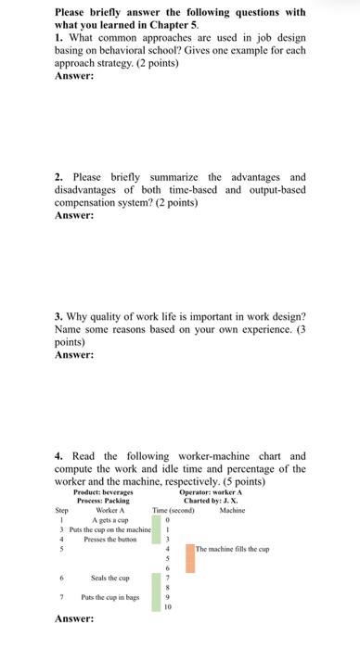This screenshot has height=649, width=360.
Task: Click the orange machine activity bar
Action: pyautogui.click(x=189, y=557)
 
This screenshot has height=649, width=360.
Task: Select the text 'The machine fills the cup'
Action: pyautogui.click(x=232, y=549)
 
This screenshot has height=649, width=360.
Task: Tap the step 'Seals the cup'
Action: pyautogui.click(x=110, y=579)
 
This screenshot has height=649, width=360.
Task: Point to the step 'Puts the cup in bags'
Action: pyautogui.click(x=111, y=598)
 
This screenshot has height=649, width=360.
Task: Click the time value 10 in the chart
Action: pyautogui.click(x=168, y=608)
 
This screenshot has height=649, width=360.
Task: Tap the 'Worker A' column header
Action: pyautogui.click(x=109, y=510)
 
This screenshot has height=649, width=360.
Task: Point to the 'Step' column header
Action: pyautogui.click(x=62, y=510)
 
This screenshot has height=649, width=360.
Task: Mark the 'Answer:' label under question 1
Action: pyautogui.click(x=74, y=77)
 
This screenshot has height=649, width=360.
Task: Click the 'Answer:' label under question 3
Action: pyautogui.click(x=74, y=354)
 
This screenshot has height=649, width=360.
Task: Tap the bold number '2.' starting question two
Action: pyautogui.click(x=58, y=177)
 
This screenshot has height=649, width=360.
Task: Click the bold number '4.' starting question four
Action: pyautogui.click(x=58, y=456)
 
